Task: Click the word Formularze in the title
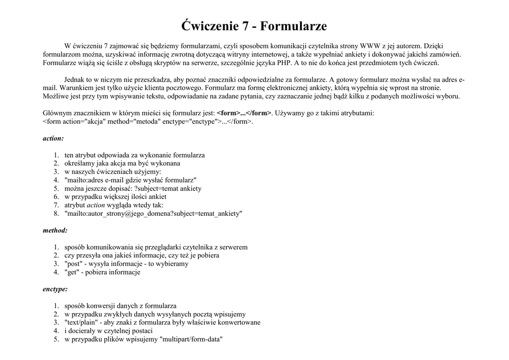tap(293, 26)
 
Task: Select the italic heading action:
tap(53, 138)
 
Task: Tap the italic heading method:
tap(55, 230)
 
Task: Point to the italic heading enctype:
tap(55, 289)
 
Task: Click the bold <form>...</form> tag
tap(244, 113)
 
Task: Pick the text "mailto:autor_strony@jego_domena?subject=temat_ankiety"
tap(154, 213)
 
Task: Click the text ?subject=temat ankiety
tap(168, 188)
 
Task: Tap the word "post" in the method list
tap(74, 264)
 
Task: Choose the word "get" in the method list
tap(73, 272)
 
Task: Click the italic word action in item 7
tap(96, 205)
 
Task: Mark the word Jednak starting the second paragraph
tap(75, 79)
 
